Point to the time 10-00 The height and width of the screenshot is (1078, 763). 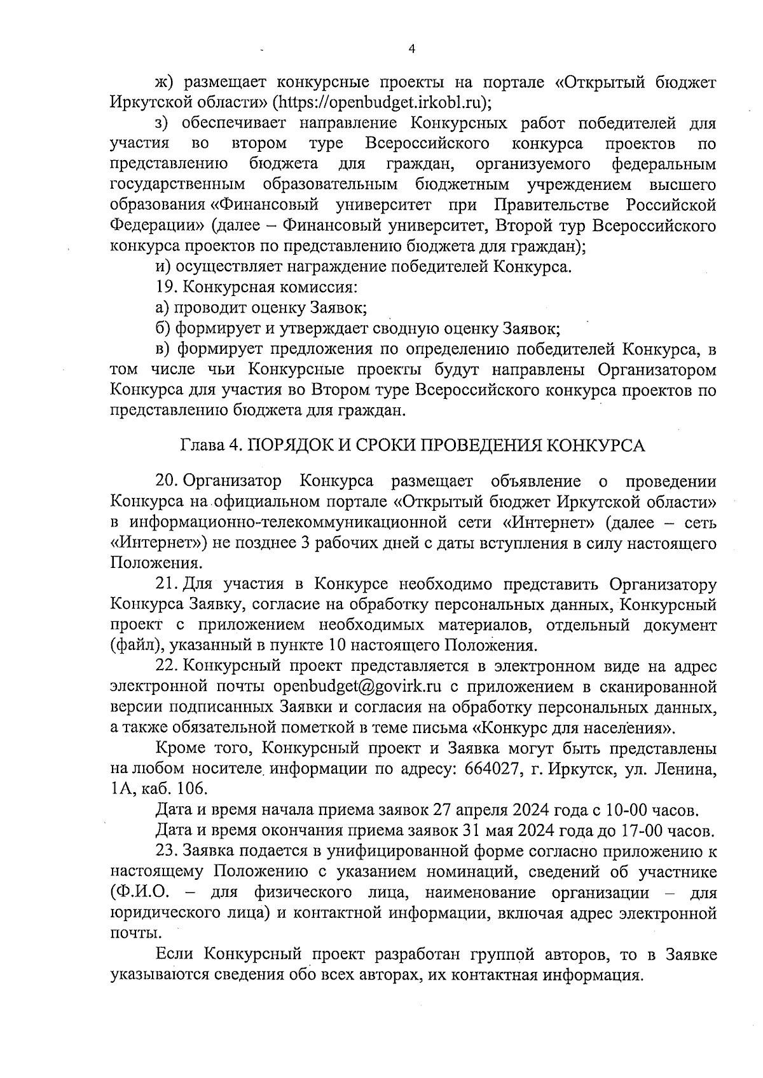633,810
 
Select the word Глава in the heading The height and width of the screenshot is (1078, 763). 199,445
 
